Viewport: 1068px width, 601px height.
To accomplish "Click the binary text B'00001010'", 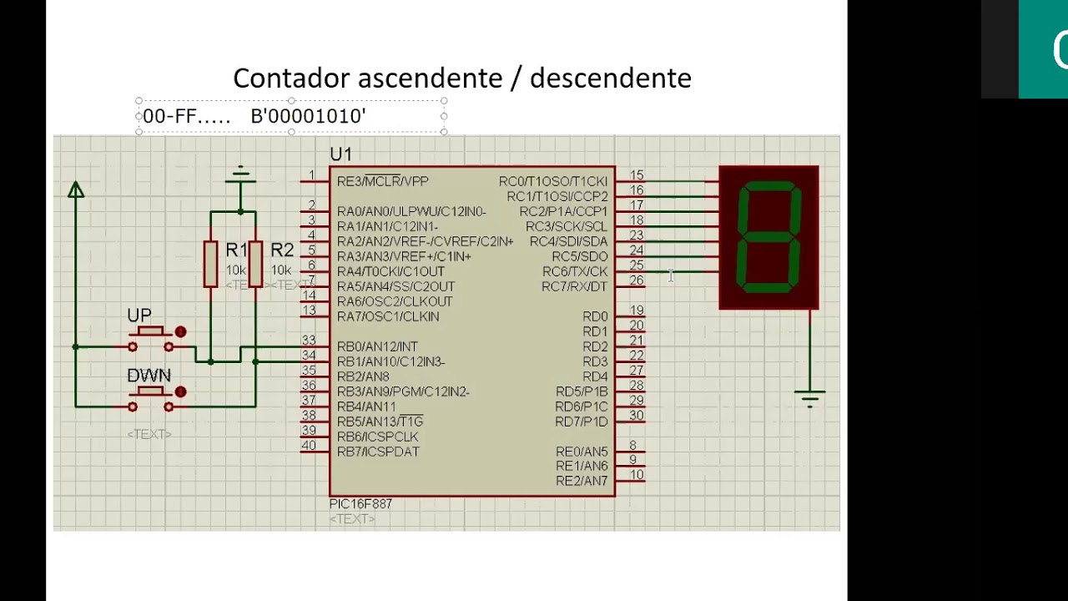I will pyautogui.click(x=308, y=117).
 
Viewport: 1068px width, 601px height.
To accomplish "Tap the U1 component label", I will pyautogui.click(x=340, y=154).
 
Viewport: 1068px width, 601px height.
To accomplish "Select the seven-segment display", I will pyautogui.click(x=768, y=238).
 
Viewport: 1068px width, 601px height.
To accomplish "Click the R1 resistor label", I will pyautogui.click(x=236, y=250).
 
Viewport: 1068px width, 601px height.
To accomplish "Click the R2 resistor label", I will pyautogui.click(x=282, y=250).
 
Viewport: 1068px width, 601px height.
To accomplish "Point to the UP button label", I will pyautogui.click(x=139, y=316).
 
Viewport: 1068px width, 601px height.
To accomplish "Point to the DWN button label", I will pyautogui.click(x=149, y=376).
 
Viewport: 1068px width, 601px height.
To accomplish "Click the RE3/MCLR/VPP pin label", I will pyautogui.click(x=382, y=181).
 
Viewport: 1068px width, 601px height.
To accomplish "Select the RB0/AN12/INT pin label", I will pyautogui.click(x=377, y=346).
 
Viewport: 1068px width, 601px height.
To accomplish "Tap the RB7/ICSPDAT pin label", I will pyautogui.click(x=378, y=452).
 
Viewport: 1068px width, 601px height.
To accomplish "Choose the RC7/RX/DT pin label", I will pyautogui.click(x=574, y=286).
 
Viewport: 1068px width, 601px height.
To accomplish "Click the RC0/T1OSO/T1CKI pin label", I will pyautogui.click(x=553, y=181).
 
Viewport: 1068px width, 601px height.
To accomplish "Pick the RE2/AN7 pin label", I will pyautogui.click(x=582, y=481).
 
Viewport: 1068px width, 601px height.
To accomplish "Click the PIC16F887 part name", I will pyautogui.click(x=360, y=504).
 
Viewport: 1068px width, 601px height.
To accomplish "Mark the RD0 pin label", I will pyautogui.click(x=595, y=316).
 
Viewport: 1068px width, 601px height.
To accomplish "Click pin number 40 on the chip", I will pyautogui.click(x=309, y=446).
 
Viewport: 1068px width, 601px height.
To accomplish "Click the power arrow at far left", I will pyautogui.click(x=76, y=190).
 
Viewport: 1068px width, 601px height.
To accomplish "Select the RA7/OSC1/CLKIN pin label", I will pyautogui.click(x=388, y=316).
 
